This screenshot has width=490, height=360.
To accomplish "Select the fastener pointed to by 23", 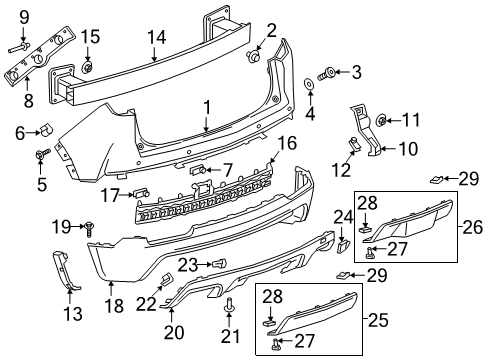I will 214,263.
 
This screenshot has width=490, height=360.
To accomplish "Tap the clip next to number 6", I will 47,130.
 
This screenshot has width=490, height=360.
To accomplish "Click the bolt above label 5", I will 40,154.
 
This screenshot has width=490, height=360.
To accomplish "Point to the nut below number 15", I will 87,67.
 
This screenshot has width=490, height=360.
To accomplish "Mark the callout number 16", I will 287,144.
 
